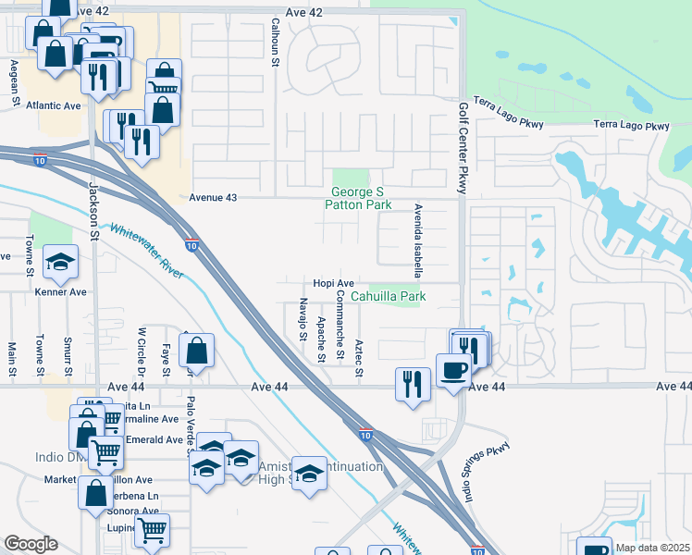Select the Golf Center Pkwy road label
463,141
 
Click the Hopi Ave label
333,283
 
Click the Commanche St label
340,324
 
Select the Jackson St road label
93,210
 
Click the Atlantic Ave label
54,106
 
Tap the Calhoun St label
276,42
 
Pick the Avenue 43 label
213,198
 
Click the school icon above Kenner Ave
61,263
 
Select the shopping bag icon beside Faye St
197,351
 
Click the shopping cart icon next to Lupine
152,532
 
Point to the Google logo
31,545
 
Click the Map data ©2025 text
652,548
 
